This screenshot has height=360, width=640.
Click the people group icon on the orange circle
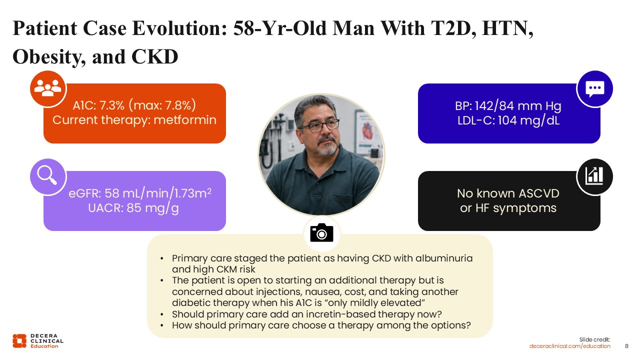click(x=47, y=87)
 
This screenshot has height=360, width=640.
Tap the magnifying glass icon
click(x=47, y=175)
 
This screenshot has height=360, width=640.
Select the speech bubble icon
click(x=595, y=89)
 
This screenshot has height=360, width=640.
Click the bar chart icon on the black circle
click(x=594, y=175)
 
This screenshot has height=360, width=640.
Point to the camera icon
click(x=321, y=232)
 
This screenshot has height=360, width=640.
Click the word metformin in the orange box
click(x=185, y=120)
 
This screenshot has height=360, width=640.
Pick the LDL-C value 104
click(x=507, y=120)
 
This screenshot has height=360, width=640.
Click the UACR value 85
click(x=134, y=208)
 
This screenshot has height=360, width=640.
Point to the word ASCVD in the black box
click(x=539, y=193)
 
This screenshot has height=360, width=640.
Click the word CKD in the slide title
click(x=155, y=56)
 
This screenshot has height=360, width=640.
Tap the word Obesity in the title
click(x=49, y=57)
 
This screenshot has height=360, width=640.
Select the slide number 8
click(x=627, y=346)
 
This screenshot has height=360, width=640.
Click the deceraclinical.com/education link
click(x=569, y=346)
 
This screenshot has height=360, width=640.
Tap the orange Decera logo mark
click(x=19, y=341)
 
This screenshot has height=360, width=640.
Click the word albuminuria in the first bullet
click(x=444, y=258)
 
